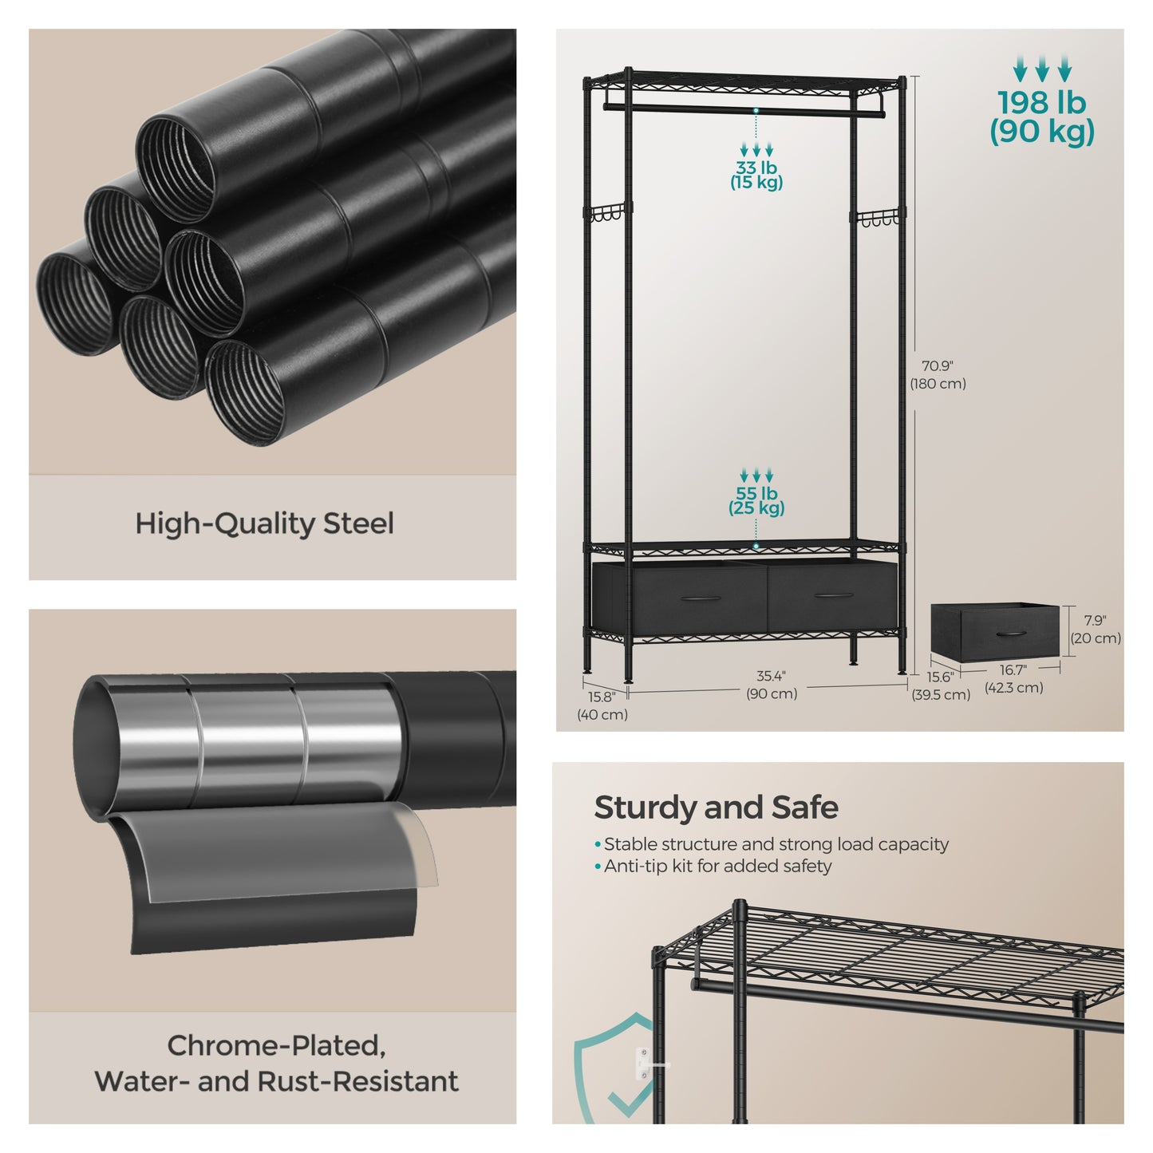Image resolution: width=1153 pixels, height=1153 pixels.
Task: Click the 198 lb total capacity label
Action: pos(1041,117)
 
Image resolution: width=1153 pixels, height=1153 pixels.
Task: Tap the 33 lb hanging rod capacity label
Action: pos(756,175)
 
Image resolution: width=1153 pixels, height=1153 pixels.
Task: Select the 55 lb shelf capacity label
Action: pos(756,500)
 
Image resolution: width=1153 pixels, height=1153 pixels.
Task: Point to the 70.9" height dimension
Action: pos(938,374)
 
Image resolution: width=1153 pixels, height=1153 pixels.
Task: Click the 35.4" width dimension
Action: pos(772,685)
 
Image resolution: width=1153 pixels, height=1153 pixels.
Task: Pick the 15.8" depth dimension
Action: pos(602,705)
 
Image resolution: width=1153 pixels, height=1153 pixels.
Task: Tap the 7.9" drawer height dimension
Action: pos(1096,630)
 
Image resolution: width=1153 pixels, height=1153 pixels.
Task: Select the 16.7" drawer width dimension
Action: pos(1013,678)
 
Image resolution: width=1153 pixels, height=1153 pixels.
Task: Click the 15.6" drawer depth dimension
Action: pos(941,685)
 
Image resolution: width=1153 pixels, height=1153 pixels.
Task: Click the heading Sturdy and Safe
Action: pos(717,807)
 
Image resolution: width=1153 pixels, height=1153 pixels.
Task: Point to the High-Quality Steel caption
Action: pos(264,523)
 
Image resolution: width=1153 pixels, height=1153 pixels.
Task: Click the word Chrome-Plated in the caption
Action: pos(276,1045)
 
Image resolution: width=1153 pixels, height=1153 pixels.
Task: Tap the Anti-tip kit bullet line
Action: pos(713,866)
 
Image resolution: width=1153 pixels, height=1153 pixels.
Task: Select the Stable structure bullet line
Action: pos(772,844)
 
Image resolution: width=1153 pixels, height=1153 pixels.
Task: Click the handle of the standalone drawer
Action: pos(1012,633)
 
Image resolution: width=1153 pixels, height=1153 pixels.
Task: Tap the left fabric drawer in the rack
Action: pos(681,596)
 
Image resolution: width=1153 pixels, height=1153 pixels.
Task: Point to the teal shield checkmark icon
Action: pos(614,1067)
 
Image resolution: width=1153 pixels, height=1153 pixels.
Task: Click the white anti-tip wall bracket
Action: pos(642,1064)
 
